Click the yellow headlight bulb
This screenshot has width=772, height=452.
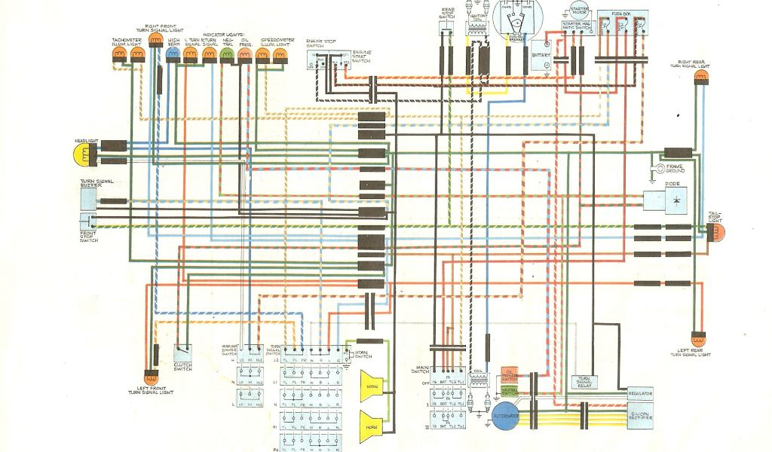(x=80, y=155)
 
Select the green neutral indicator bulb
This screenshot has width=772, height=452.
(x=228, y=55)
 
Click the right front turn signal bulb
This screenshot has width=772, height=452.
(x=155, y=40)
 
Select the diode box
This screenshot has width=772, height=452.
(x=665, y=200)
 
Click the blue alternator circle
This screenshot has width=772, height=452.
(x=505, y=416)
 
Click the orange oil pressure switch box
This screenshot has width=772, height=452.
(x=510, y=374)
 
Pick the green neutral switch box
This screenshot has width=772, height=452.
(x=510, y=390)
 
